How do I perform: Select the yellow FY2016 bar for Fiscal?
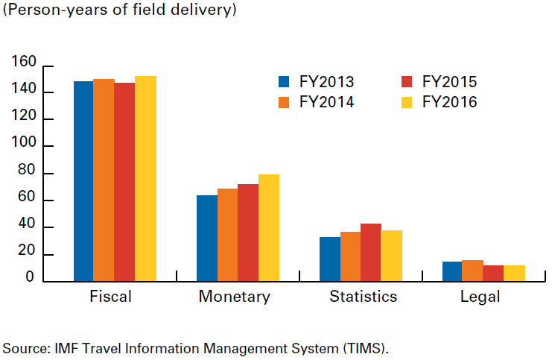[145, 179]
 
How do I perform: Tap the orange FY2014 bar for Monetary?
[227, 235]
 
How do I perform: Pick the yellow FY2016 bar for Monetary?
[269, 228]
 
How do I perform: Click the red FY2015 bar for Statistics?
[371, 253]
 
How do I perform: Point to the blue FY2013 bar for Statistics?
[329, 259]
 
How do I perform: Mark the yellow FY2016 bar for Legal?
[514, 274]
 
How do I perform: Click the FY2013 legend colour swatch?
[283, 82]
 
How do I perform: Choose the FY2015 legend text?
[449, 82]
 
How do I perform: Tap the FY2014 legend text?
[326, 102]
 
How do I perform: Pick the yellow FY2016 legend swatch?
[407, 102]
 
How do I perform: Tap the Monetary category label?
[234, 297]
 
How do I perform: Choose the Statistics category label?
[364, 297]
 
